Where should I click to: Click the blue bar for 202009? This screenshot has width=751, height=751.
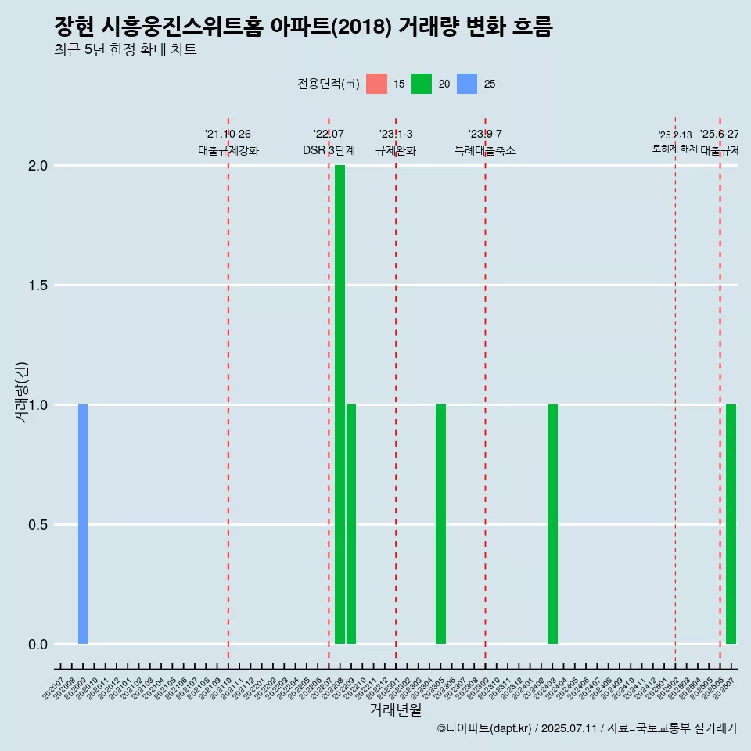(83, 524)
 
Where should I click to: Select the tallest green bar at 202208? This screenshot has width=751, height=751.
(340, 404)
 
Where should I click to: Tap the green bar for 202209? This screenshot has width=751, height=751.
(351, 524)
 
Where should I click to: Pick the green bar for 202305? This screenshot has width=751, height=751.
(440, 524)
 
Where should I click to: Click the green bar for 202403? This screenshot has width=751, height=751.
(552, 524)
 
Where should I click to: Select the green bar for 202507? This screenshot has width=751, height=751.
(731, 524)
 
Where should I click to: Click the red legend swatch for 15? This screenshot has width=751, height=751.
(376, 84)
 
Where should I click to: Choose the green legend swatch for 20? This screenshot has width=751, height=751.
(422, 84)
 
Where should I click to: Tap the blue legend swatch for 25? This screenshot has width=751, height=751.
(467, 84)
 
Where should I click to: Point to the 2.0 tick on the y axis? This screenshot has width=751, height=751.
(39, 166)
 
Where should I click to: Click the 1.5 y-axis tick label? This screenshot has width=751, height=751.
(39, 286)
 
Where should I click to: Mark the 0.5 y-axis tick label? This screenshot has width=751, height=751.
(39, 525)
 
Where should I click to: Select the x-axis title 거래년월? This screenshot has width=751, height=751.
(395, 710)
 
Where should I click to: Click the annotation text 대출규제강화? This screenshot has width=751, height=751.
(228, 150)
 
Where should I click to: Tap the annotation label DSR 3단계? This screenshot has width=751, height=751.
(329, 150)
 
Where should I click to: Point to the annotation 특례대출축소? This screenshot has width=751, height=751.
(485, 150)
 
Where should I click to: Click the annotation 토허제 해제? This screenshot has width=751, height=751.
(674, 149)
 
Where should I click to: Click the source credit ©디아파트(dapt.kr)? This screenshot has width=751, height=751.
(484, 728)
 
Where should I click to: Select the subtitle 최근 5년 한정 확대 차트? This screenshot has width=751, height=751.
(125, 50)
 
